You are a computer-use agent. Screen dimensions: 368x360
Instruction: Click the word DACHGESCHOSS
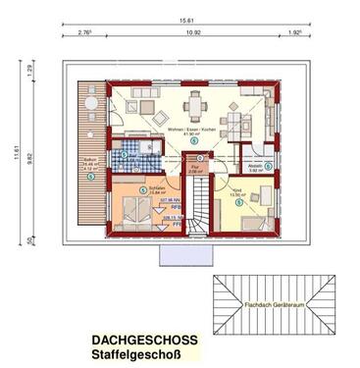(x=144, y=340)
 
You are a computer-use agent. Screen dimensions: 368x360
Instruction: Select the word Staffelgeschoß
(x=137, y=354)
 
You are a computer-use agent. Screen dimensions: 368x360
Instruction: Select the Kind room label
(x=236, y=190)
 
